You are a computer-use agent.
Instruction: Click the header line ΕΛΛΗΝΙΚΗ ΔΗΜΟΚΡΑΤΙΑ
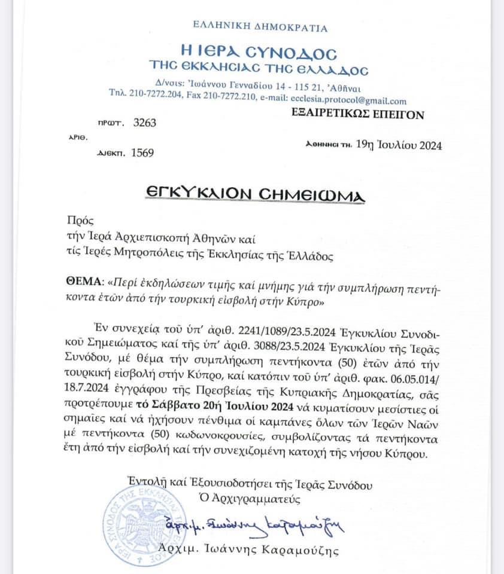[260, 27]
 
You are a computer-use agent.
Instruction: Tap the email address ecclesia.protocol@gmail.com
[348, 101]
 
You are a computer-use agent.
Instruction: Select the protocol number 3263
[144, 123]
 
